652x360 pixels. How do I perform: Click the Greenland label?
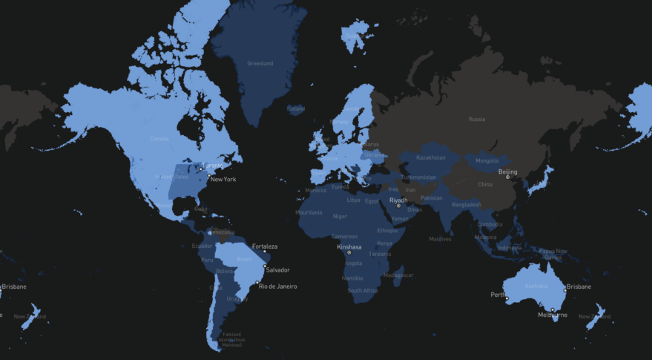click(x=260, y=64)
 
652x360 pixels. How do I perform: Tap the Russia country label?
click(x=476, y=119)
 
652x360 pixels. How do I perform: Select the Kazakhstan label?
click(x=431, y=157)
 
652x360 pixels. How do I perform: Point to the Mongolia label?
click(x=487, y=161)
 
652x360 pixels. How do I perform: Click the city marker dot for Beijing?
click(x=508, y=177)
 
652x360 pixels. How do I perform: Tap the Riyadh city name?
click(x=398, y=200)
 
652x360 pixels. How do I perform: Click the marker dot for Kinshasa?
click(x=349, y=252)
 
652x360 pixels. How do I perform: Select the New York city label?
click(x=223, y=180)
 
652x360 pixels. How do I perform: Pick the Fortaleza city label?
click(x=265, y=246)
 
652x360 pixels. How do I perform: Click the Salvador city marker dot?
click(x=265, y=264)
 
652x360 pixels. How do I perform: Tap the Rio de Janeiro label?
click(x=277, y=287)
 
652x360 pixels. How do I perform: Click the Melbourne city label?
click(x=553, y=315)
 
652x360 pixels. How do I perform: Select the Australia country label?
click(x=536, y=287)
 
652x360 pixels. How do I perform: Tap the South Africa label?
click(x=363, y=290)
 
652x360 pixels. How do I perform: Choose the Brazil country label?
click(x=244, y=259)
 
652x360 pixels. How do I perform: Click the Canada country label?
click(x=159, y=139)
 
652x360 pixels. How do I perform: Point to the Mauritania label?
click(x=309, y=213)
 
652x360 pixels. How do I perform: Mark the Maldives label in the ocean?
click(x=440, y=239)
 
